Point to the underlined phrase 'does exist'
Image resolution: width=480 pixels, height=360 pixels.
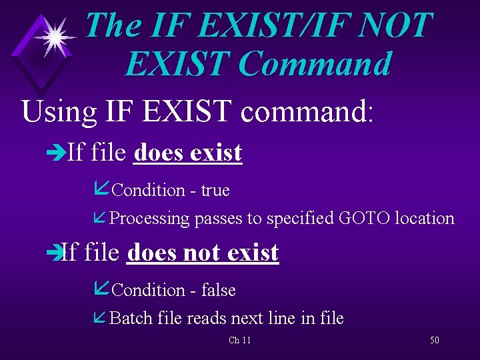(x=188, y=153)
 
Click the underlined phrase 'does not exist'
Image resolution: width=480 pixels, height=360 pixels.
(x=202, y=253)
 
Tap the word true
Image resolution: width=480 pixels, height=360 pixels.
(x=215, y=191)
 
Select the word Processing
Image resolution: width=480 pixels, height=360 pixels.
(x=149, y=219)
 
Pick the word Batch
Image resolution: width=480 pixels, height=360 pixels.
(x=131, y=319)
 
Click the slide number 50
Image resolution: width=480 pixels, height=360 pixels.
(x=435, y=340)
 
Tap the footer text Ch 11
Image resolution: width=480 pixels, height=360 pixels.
(x=239, y=341)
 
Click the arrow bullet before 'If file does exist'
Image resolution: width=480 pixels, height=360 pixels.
(x=58, y=153)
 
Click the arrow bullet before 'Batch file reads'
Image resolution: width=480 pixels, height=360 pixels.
(x=101, y=318)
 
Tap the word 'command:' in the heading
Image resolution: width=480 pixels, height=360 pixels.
(x=307, y=111)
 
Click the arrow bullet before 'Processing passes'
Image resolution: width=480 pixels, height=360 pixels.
(x=101, y=218)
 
